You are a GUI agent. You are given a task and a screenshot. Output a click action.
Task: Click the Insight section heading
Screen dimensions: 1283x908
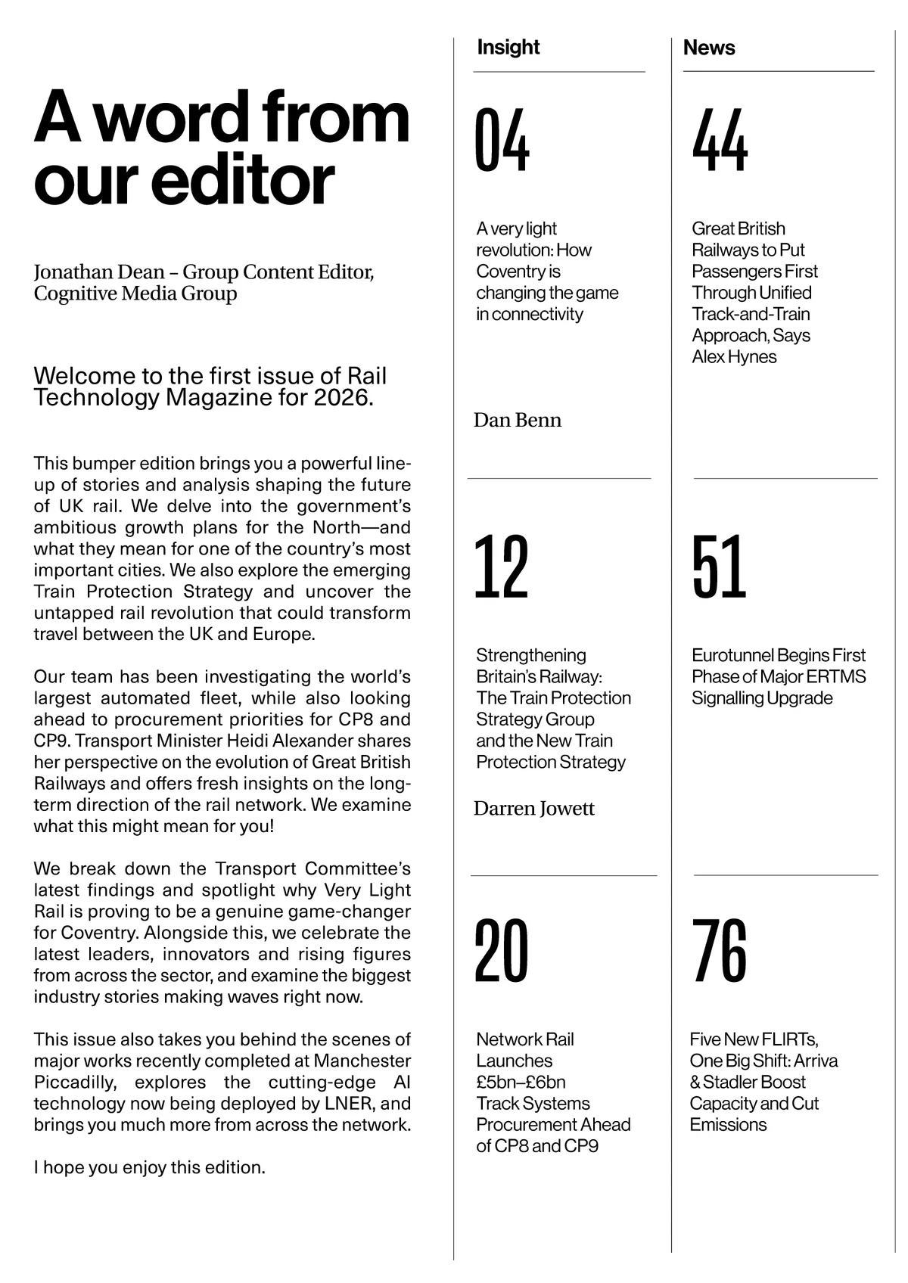point(508,47)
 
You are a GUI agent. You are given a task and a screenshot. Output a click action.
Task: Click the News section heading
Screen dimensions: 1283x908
point(708,48)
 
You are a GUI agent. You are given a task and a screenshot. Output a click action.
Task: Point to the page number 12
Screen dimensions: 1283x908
point(501,567)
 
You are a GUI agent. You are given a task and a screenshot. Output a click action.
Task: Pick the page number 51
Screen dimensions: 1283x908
point(719,567)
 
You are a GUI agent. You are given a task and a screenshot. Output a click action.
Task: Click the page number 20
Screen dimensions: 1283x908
point(501,951)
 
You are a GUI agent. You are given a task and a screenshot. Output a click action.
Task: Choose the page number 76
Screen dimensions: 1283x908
point(719,951)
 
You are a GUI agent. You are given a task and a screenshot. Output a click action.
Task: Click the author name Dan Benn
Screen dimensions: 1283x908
point(518,421)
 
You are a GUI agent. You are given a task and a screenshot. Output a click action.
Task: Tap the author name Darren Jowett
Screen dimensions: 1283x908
point(534,809)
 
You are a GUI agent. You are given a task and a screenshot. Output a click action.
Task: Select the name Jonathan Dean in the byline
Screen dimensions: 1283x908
point(98,272)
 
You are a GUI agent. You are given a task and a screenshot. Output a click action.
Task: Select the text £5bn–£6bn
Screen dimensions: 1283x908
point(521,1082)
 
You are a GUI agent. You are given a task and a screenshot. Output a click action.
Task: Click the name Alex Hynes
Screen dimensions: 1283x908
point(734,357)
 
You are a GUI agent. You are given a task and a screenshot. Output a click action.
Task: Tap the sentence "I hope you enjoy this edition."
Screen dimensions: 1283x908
point(150,1167)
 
